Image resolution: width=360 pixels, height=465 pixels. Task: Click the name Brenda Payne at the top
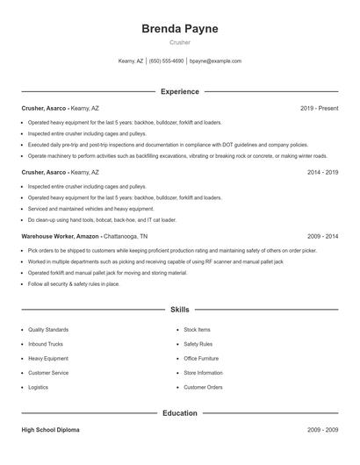coord(180,28)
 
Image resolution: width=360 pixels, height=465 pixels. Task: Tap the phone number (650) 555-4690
coord(166,61)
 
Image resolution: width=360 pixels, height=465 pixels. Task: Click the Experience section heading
coord(180,91)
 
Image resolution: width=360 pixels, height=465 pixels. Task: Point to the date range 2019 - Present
coord(319,108)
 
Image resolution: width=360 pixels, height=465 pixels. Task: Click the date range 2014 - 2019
coord(322,173)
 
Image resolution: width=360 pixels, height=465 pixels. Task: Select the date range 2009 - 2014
coord(322,237)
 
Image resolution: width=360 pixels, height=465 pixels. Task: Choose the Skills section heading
coord(180,310)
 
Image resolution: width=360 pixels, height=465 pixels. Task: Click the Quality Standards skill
coord(48,330)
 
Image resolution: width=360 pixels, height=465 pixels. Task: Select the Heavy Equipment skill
coord(47,358)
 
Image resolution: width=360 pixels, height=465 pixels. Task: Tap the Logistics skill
coord(39,387)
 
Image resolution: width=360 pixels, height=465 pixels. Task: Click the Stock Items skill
coord(197,330)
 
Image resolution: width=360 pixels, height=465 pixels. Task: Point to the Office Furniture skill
coord(201,358)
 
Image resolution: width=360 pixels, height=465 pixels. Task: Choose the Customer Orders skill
coord(203,387)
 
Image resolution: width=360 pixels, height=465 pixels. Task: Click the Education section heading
coord(180,412)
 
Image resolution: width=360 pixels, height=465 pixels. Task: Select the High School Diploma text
coord(52,431)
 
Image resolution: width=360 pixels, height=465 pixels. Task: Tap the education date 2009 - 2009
coord(322,431)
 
